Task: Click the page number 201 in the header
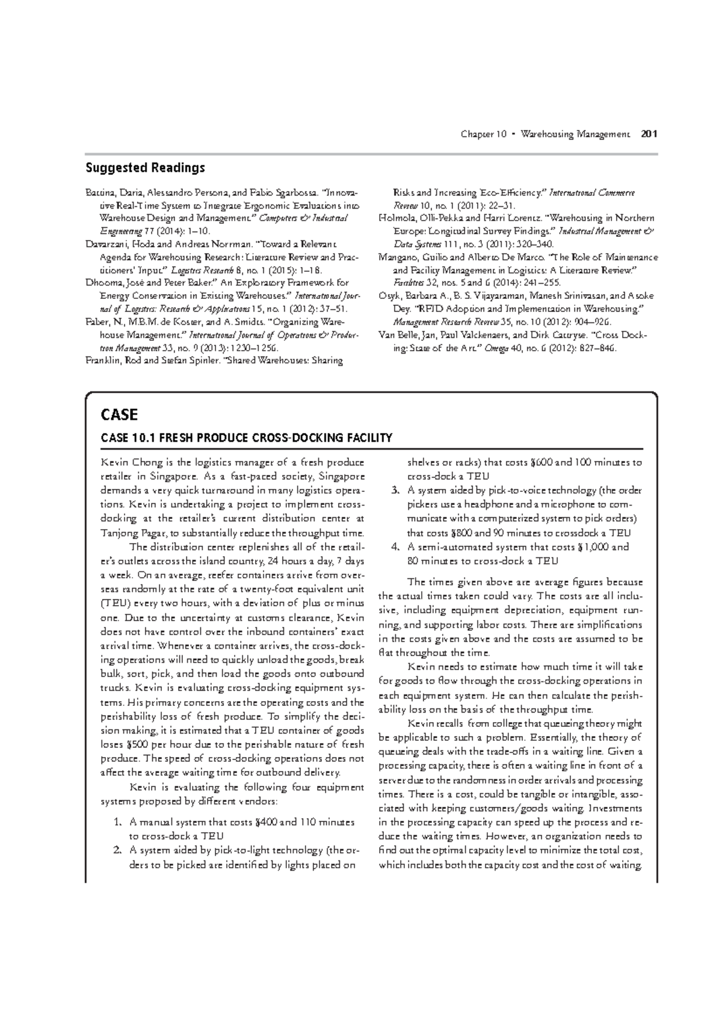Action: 649,133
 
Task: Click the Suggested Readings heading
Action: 145,168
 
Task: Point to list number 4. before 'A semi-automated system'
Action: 395,547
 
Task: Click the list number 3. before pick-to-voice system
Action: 395,491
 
